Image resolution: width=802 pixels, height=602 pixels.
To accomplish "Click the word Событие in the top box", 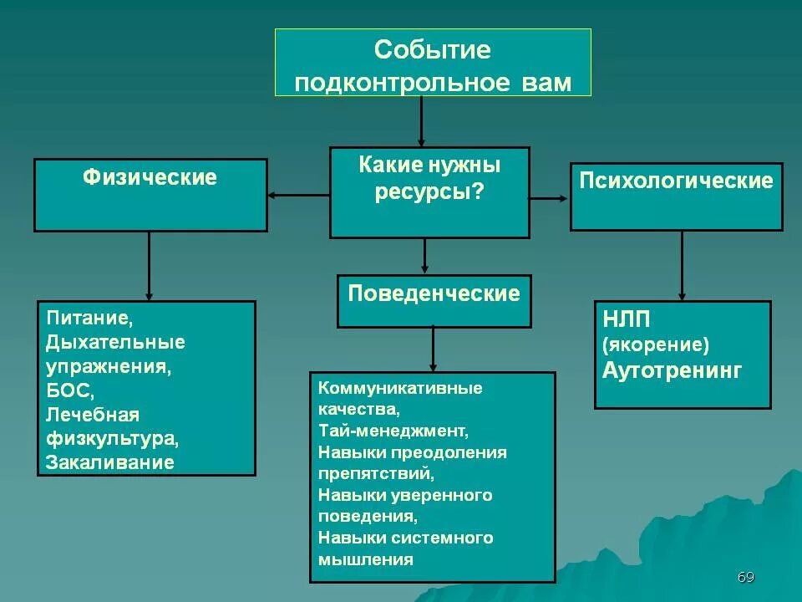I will (432, 50).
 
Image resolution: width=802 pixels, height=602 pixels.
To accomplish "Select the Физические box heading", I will (150, 177).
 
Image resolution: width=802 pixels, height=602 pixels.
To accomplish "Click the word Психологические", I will (677, 181).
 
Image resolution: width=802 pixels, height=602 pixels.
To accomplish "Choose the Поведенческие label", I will (434, 293).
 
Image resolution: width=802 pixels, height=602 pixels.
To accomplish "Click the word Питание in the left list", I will (89, 319).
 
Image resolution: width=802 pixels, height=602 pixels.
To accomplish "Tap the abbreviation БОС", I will (69, 390).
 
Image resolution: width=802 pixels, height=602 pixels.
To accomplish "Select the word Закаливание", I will (110, 462).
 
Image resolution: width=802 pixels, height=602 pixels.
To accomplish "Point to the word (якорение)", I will (655, 345).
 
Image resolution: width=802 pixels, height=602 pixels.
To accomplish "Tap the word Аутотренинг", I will (672, 370).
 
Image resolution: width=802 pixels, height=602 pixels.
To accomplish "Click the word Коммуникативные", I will (400, 388).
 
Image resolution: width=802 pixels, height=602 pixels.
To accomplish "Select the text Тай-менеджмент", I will (393, 431).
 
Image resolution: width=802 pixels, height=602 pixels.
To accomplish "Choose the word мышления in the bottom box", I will (365, 559).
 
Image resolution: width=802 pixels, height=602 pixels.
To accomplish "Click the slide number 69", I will (746, 578).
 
